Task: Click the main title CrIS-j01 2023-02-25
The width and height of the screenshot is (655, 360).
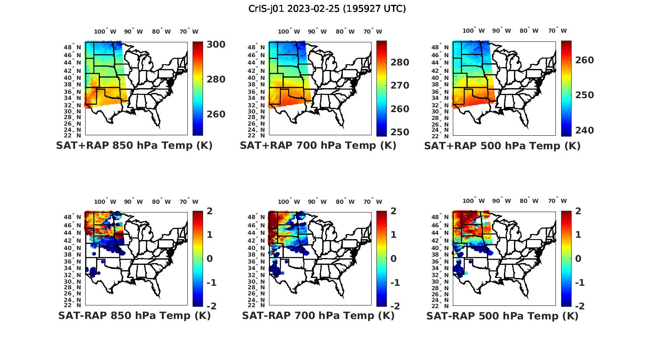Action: [x=327, y=9]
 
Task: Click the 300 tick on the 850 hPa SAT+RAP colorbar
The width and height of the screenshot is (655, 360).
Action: [x=216, y=45]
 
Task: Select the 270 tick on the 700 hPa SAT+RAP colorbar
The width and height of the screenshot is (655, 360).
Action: [x=400, y=86]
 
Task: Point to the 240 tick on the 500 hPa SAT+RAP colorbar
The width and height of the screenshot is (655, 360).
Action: [x=585, y=130]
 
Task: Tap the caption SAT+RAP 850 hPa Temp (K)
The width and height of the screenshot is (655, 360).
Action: [x=134, y=145]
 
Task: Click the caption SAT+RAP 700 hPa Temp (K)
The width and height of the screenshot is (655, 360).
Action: [x=318, y=145]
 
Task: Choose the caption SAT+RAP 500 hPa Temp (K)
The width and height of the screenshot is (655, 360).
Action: [x=502, y=146]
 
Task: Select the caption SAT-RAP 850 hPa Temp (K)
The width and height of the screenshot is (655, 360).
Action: [x=134, y=315]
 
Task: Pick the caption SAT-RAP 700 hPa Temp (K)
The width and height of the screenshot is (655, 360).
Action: [x=318, y=315]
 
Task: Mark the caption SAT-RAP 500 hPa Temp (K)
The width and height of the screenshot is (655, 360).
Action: [x=502, y=316]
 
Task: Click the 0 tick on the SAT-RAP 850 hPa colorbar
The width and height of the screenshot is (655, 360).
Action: [x=210, y=259]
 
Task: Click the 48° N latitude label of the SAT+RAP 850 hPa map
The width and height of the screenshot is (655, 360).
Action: [x=72, y=47]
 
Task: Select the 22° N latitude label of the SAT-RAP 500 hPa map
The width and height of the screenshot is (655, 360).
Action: [x=441, y=305]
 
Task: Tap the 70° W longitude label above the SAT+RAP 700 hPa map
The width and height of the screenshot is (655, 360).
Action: [x=372, y=31]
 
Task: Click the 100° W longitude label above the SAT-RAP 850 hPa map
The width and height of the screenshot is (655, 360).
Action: [x=105, y=202]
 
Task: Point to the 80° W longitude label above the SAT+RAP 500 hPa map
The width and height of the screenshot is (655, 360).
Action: [x=529, y=31]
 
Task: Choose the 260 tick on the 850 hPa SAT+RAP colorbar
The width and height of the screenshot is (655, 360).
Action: [x=216, y=114]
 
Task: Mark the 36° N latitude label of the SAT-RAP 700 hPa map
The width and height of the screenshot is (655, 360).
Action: [x=256, y=261]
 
